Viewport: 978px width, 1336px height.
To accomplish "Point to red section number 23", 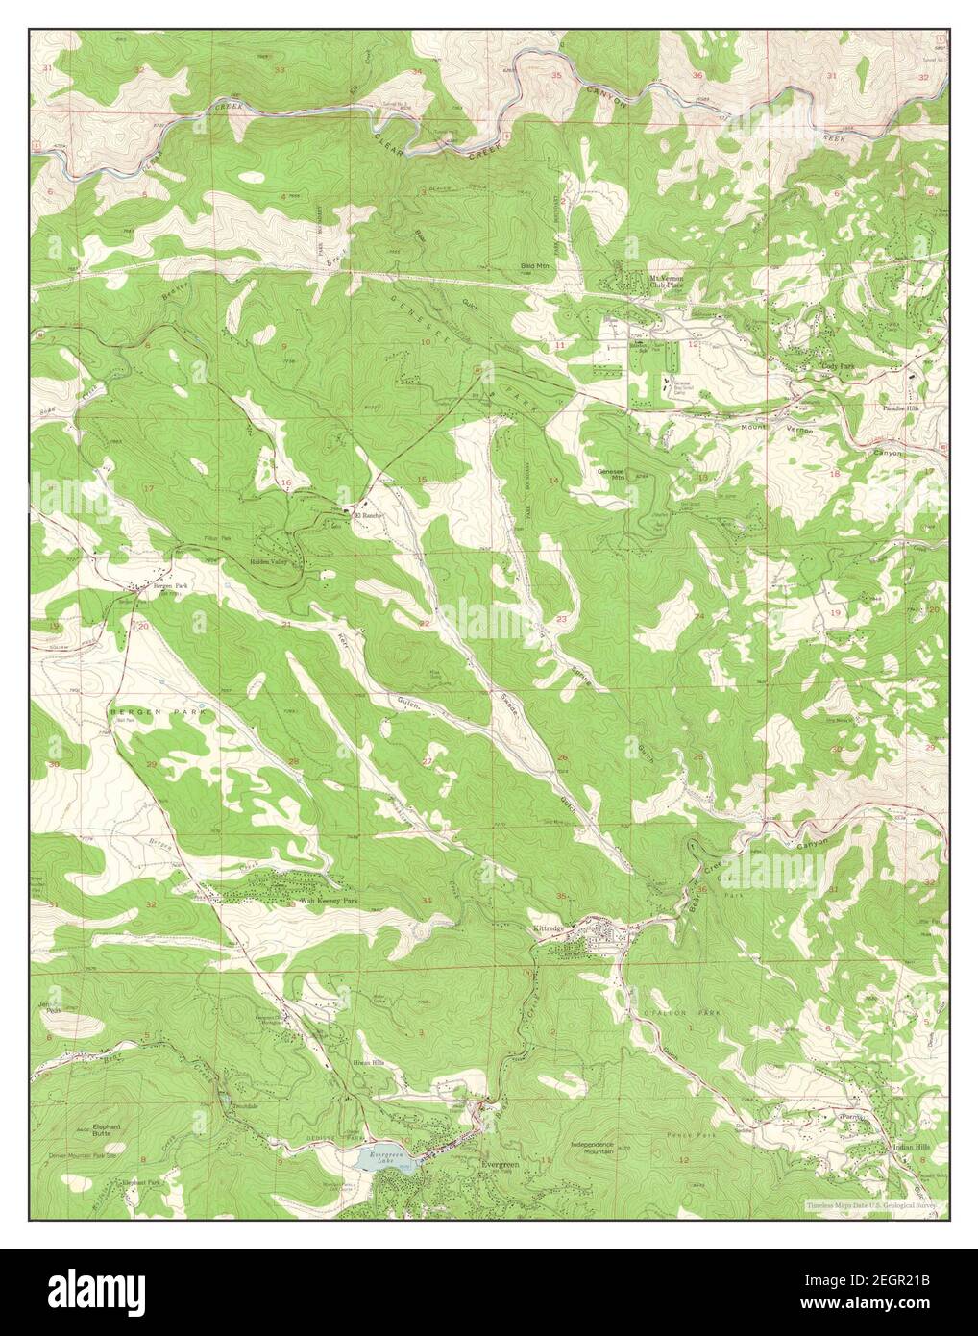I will [560, 619].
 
